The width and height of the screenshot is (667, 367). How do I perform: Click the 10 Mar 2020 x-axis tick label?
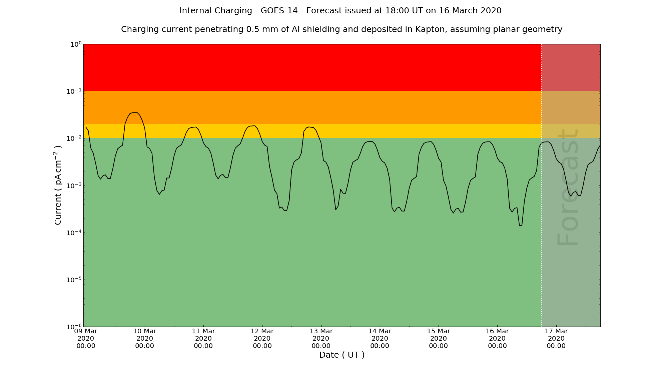145,338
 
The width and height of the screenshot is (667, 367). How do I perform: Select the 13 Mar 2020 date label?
321,338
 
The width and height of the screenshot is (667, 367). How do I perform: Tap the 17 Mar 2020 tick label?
556,338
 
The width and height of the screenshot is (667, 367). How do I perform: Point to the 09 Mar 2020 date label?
86,338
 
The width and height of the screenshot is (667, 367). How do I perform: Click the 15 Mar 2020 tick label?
439,338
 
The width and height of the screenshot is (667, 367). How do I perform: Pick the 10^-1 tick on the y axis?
74,91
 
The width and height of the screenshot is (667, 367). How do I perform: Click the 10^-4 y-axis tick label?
74,233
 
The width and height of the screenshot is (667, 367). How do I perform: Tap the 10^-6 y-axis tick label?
74,327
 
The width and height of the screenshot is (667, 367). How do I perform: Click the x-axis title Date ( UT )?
342,355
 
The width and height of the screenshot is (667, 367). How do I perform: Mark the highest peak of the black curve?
134,113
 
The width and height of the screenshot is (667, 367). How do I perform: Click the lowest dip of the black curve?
521,225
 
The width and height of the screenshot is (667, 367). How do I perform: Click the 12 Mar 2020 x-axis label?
262,338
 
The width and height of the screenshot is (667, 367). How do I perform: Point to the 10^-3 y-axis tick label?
74,186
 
